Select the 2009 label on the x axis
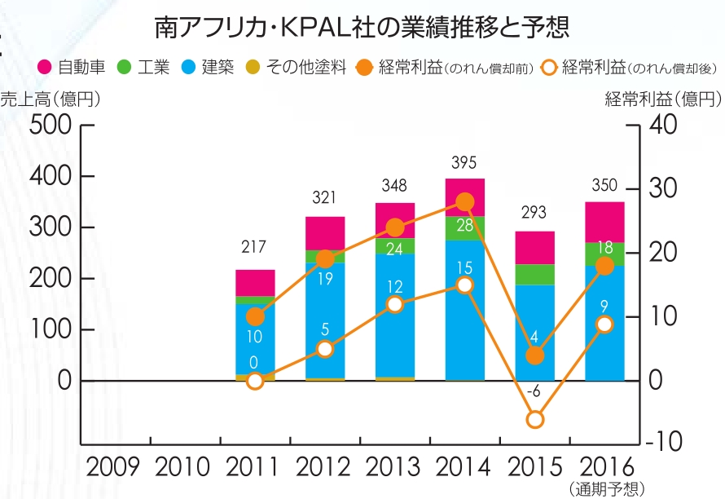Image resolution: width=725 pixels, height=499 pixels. pos(116,467)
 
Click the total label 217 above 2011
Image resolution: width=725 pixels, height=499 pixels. pos(254,246)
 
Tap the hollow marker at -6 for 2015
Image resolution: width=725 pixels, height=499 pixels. pos(534,420)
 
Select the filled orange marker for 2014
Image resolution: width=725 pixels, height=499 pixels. pos(465,202)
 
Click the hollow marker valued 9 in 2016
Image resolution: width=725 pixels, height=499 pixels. pos(604,324)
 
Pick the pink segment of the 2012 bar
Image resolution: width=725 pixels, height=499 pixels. pos(325,233)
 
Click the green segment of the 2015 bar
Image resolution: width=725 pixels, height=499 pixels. pos(534,275)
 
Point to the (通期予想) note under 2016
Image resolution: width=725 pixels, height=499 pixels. pos(604,488)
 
